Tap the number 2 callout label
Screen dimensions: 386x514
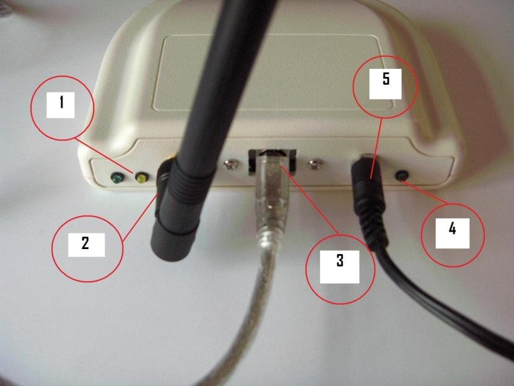85,243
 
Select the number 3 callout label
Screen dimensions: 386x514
339,261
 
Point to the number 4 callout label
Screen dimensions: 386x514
452,229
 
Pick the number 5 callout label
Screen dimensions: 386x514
385,81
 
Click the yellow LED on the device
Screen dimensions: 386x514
141,179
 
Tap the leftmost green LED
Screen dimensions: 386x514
115,179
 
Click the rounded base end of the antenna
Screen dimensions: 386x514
167,239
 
